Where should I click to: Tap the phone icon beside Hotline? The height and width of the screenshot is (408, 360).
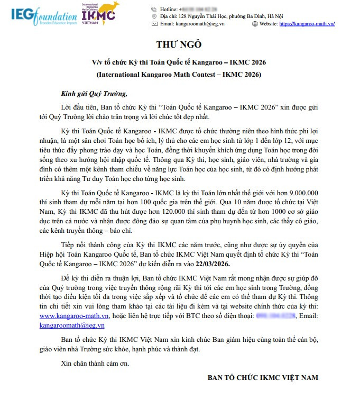tap(154, 10)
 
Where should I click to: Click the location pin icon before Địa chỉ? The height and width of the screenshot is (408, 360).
tap(154, 16)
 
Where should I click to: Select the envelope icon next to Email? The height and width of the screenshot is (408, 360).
tap(154, 24)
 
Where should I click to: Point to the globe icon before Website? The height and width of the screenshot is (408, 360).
tap(255, 24)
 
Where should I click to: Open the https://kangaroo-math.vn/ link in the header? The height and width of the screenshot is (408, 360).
tap(307, 24)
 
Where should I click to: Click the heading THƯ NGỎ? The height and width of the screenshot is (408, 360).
tap(179, 44)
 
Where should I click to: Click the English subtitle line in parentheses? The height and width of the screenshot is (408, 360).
tap(179, 75)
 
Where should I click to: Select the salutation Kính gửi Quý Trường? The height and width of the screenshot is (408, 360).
tap(94, 94)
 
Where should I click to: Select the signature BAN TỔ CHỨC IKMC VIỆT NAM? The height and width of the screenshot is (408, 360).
tap(263, 378)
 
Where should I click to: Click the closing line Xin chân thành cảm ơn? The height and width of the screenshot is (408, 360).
tap(95, 364)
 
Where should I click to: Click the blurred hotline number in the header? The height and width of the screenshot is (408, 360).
tap(199, 10)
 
